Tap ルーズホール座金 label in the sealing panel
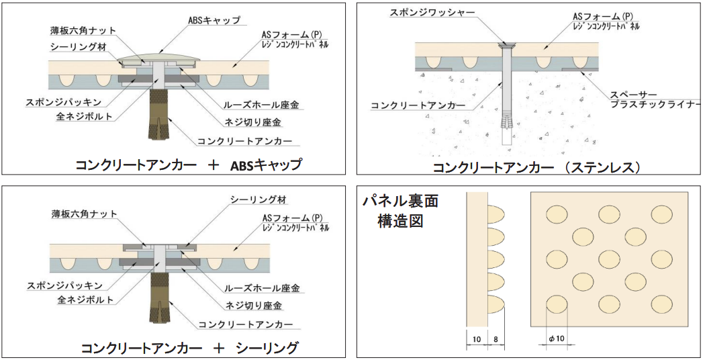[x=262, y=288]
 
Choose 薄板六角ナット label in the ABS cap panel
[x=83, y=30]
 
